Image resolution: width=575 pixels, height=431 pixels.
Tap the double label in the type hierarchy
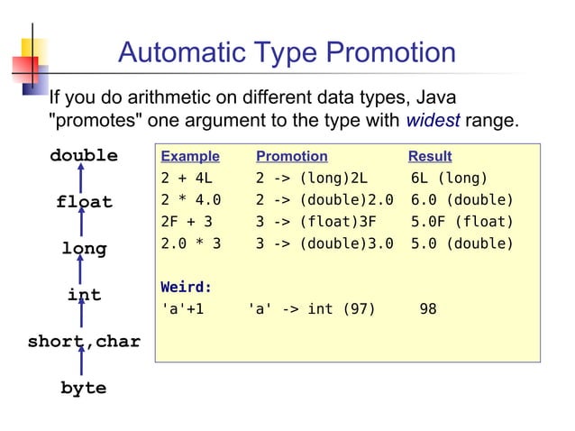pos(84,156)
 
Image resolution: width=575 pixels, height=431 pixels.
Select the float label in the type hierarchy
pos(84,203)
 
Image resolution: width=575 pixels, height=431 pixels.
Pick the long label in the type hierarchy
pos(84,249)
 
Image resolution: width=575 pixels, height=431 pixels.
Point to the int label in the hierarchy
pos(84,296)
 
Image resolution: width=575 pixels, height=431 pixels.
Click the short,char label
pos(84,342)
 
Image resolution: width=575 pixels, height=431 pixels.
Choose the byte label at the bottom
pos(84,389)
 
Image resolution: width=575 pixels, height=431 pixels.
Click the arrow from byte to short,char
pos(82,364)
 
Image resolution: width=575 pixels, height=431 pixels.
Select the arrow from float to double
pos(82,179)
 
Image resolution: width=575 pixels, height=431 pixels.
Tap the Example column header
pos(189,156)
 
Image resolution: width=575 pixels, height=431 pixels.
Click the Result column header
pos(430,156)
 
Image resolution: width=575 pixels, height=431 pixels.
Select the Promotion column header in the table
pos(292,156)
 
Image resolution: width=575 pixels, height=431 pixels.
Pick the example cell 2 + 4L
pos(187,178)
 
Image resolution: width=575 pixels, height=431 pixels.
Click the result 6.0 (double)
pos(461,200)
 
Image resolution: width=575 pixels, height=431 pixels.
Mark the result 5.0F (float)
pos(461,222)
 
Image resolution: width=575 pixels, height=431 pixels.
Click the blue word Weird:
pos(187,288)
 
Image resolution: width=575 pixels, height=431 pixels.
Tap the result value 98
pos(428,309)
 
